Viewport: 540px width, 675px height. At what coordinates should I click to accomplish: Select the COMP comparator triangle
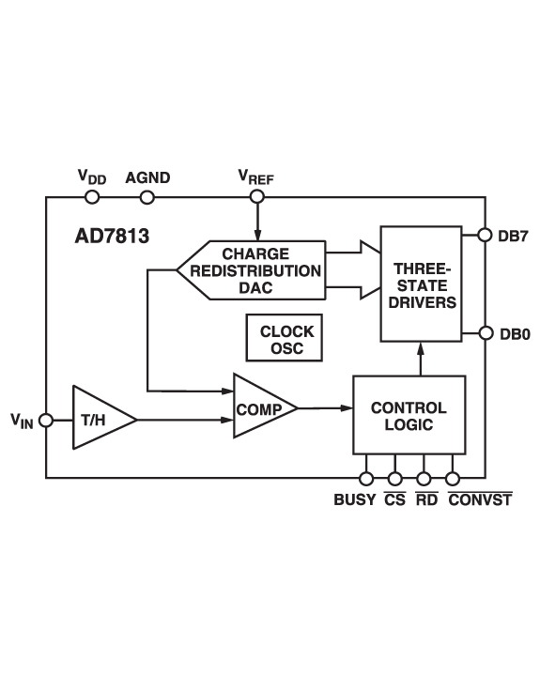click(259, 408)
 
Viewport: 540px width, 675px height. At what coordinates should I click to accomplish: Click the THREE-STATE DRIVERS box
click(420, 284)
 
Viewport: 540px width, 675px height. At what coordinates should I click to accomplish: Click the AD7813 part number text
click(112, 236)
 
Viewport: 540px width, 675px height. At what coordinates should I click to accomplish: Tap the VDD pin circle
click(92, 197)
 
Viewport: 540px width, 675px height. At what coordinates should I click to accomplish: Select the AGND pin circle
click(147, 197)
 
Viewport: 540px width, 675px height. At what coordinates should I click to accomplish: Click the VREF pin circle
click(256, 197)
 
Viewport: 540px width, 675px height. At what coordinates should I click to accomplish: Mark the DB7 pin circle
click(485, 235)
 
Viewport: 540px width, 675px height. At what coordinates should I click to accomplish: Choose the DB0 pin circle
click(485, 333)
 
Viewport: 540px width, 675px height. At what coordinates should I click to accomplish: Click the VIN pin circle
click(46, 420)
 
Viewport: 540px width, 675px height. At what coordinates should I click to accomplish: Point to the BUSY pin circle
click(366, 479)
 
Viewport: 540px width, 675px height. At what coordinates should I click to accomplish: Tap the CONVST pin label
click(480, 500)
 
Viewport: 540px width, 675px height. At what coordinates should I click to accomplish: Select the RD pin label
click(426, 500)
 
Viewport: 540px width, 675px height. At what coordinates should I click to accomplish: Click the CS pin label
click(394, 500)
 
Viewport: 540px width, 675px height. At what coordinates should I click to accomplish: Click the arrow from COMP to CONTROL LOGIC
click(325, 407)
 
